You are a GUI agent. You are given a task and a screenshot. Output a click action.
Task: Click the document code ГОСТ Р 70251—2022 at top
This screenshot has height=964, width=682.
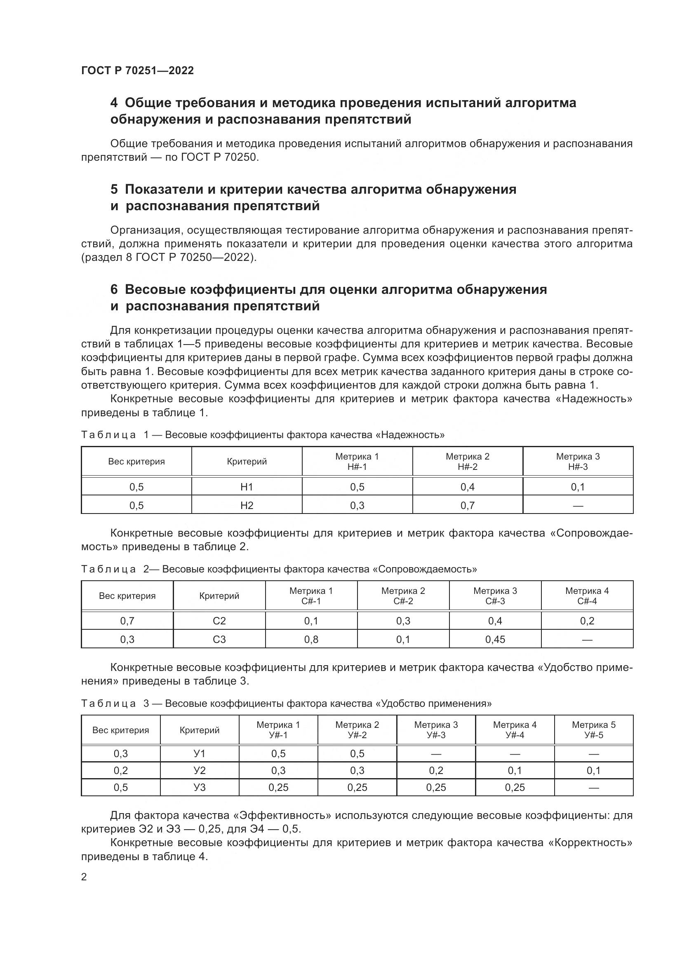point(137,70)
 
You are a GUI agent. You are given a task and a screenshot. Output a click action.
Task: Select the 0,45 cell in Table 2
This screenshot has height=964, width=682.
point(495,640)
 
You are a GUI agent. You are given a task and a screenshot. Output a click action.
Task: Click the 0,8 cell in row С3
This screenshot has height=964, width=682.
point(311,640)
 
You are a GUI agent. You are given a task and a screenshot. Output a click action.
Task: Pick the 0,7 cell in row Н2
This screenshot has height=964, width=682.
point(468,506)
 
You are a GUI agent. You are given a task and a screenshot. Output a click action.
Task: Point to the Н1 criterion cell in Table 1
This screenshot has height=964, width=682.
point(247,487)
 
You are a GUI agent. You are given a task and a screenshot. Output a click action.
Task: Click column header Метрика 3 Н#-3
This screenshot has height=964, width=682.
point(578,462)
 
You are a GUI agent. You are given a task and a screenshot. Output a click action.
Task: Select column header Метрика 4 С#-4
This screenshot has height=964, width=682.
point(587,596)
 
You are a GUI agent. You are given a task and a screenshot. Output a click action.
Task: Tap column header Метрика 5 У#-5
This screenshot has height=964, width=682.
point(593,730)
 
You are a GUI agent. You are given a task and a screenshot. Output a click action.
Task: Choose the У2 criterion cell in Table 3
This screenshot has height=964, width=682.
point(200,770)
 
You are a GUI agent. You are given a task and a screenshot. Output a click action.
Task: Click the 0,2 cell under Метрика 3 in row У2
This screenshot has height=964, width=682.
point(436,770)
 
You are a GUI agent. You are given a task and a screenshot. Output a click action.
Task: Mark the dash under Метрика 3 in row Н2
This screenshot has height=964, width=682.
point(578,506)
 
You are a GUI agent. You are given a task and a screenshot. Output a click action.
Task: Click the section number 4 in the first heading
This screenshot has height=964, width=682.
point(114,103)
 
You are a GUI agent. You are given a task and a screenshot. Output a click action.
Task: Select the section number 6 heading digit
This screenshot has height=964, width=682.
point(114,289)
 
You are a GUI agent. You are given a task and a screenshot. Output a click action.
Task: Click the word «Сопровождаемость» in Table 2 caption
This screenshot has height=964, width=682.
point(425,569)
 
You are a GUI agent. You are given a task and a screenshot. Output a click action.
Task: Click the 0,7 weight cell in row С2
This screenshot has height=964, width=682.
point(127,621)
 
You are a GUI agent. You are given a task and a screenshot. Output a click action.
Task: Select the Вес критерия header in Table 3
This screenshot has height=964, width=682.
point(120,730)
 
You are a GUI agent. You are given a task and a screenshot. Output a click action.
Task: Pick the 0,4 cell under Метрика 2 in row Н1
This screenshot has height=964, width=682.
point(468,487)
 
